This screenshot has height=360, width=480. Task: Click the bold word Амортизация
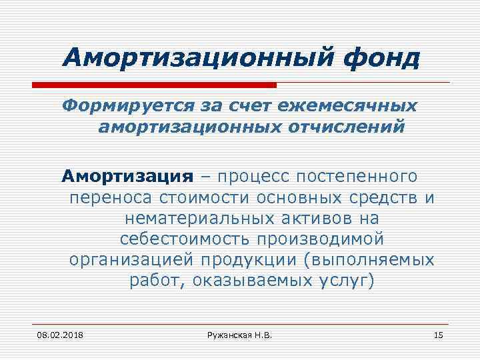(x=127, y=177)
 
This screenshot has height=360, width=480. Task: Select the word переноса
(x=111, y=197)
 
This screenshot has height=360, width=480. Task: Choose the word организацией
(x=133, y=259)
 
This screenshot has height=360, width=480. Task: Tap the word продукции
(x=250, y=259)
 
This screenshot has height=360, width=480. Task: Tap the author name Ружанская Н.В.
(x=240, y=334)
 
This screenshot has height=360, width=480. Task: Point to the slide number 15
(x=438, y=334)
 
